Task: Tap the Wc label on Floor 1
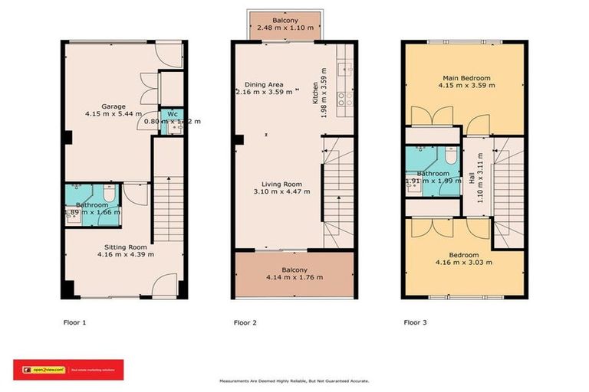pyautogui.click(x=172, y=113)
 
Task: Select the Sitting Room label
pyautogui.click(x=126, y=247)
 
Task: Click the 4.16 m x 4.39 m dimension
pyautogui.click(x=126, y=254)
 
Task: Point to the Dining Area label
pyautogui.click(x=264, y=84)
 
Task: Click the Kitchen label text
pyautogui.click(x=314, y=95)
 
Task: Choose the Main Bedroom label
pyautogui.click(x=466, y=77)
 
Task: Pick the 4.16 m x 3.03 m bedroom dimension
pyautogui.click(x=464, y=262)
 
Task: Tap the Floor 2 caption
pyautogui.click(x=245, y=322)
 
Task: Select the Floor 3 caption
pyautogui.click(x=415, y=322)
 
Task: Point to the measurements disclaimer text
pyautogui.click(x=294, y=381)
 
